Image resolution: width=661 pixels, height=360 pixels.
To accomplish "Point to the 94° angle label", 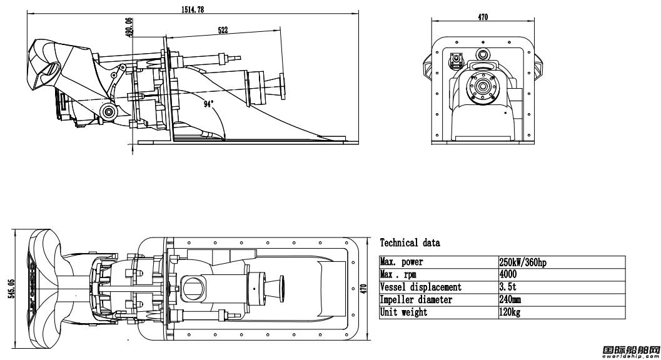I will [208, 104].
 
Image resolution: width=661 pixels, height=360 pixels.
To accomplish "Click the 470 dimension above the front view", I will [483, 17].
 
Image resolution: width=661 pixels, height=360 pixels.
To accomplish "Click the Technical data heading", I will [410, 242].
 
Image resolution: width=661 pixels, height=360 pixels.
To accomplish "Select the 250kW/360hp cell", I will [523, 262].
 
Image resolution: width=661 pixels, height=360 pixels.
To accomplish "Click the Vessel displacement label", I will [421, 287].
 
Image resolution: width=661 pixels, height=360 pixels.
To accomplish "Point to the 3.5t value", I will [507, 287].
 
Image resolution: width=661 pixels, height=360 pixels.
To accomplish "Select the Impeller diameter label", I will [416, 300].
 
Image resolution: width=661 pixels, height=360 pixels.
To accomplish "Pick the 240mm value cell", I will [510, 300].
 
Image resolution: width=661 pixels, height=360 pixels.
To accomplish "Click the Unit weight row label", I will [404, 312].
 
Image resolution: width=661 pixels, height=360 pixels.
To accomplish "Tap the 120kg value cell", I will [509, 312].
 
